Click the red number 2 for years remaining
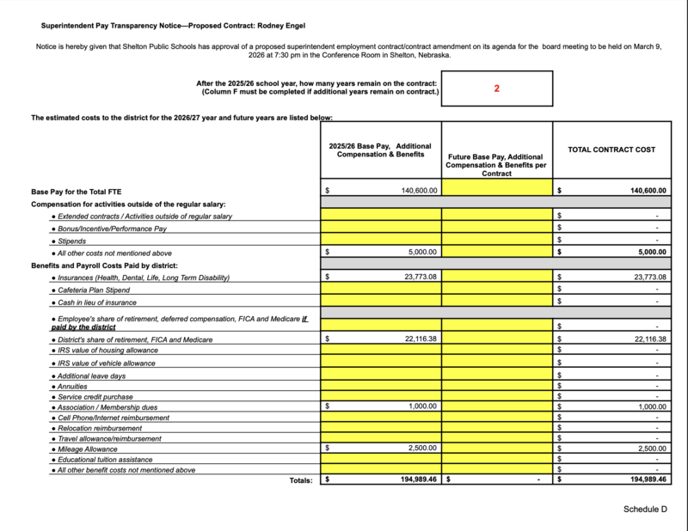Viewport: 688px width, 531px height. tap(497, 88)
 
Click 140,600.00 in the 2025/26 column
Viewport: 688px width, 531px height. tap(420, 191)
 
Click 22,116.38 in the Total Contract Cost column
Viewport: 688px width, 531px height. tap(649, 339)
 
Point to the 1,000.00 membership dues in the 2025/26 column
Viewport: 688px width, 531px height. tap(423, 406)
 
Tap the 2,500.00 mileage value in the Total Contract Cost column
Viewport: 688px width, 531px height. tap(650, 448)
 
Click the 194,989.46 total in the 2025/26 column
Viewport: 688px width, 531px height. tap(417, 479)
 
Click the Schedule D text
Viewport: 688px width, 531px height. tap(645, 510)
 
